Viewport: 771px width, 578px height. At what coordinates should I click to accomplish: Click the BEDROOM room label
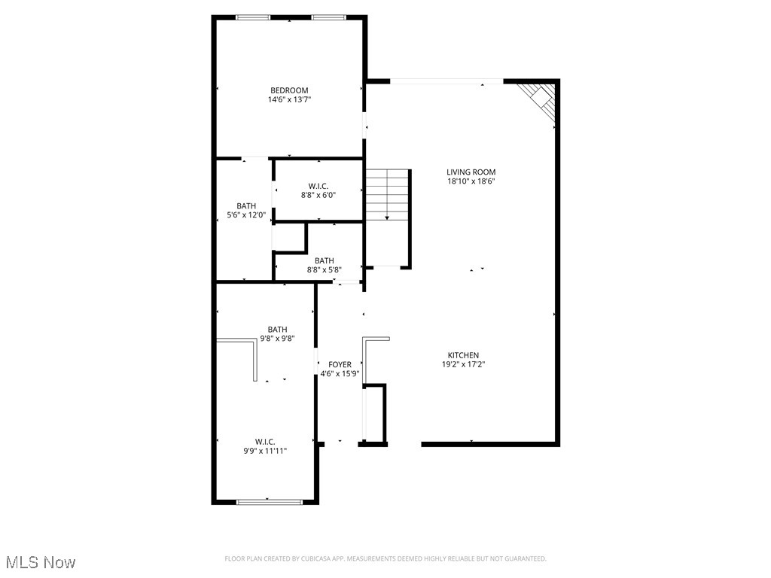(289, 90)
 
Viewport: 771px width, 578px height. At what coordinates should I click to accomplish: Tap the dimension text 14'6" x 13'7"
(289, 99)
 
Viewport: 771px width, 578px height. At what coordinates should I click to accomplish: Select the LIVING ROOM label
(471, 172)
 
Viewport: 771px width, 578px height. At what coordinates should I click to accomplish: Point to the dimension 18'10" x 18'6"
(471, 181)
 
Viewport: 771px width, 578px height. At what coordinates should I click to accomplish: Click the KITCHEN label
(463, 355)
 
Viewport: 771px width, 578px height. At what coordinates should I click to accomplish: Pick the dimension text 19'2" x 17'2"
(463, 364)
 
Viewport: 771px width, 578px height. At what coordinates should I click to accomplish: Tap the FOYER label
(340, 364)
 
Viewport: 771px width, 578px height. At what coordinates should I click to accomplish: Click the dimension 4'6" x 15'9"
(340, 373)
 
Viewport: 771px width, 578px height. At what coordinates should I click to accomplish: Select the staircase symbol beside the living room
(387, 194)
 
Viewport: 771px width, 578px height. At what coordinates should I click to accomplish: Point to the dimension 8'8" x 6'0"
(318, 195)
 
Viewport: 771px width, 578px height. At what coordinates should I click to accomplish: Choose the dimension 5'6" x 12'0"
(246, 215)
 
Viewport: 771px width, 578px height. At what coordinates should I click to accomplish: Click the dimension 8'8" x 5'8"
(325, 269)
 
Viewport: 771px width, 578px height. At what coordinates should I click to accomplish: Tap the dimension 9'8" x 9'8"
(277, 339)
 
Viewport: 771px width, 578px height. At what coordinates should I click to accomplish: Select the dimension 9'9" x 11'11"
(265, 451)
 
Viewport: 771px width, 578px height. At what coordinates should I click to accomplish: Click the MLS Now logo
(40, 562)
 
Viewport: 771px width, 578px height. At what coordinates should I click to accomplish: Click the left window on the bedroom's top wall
(253, 17)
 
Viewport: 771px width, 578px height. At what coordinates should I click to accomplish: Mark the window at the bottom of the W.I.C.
(270, 501)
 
